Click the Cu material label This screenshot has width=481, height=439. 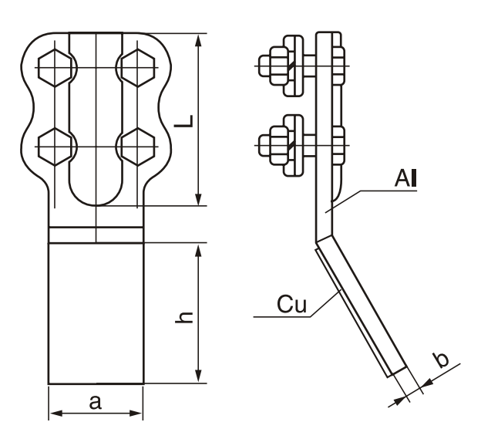pyautogui.click(x=291, y=305)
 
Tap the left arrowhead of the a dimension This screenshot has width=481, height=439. pyautogui.click(x=55, y=414)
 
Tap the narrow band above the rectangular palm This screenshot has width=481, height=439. pyautogui.click(x=96, y=234)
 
